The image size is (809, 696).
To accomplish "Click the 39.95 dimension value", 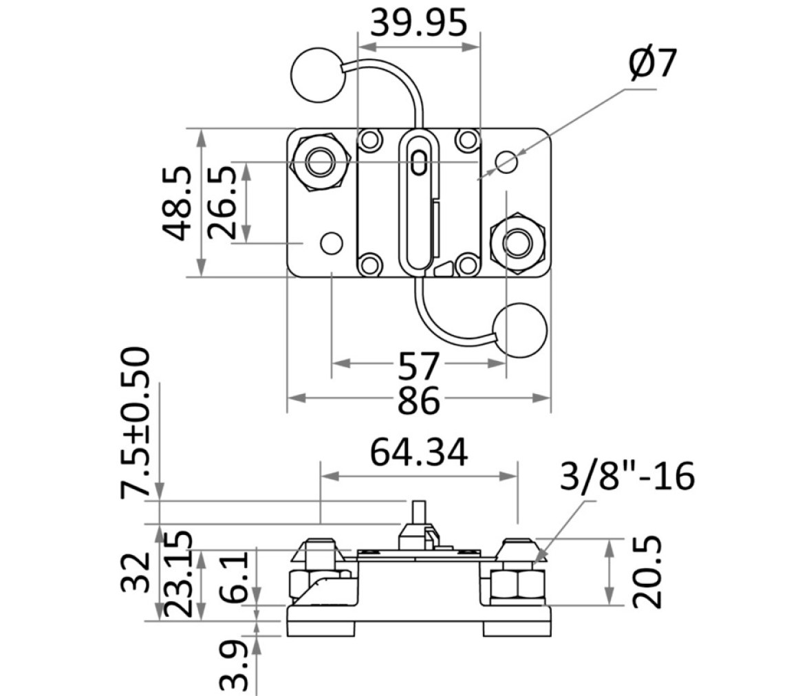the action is coord(418,23).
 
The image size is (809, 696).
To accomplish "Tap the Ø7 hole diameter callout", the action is coord(653,64).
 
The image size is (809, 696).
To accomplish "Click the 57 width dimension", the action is coord(418,366).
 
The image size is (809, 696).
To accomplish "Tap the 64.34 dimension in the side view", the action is coord(419,453).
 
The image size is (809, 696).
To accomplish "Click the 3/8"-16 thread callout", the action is coord(627,476).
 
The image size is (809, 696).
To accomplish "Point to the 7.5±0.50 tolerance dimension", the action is coord(135,423).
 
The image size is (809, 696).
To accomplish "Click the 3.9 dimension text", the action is coord(235,666).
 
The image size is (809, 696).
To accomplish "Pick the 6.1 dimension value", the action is coord(235,577).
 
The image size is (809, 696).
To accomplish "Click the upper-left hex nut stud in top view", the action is coord(320,162).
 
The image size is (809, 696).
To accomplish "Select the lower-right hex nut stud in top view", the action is coord(517,242).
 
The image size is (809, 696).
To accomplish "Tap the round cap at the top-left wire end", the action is coord(317,75).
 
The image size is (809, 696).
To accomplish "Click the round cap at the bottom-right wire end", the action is coord(519,330).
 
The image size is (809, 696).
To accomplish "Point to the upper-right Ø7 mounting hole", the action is coord(506,162).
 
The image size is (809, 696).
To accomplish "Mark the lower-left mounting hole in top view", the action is coord(332,243).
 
